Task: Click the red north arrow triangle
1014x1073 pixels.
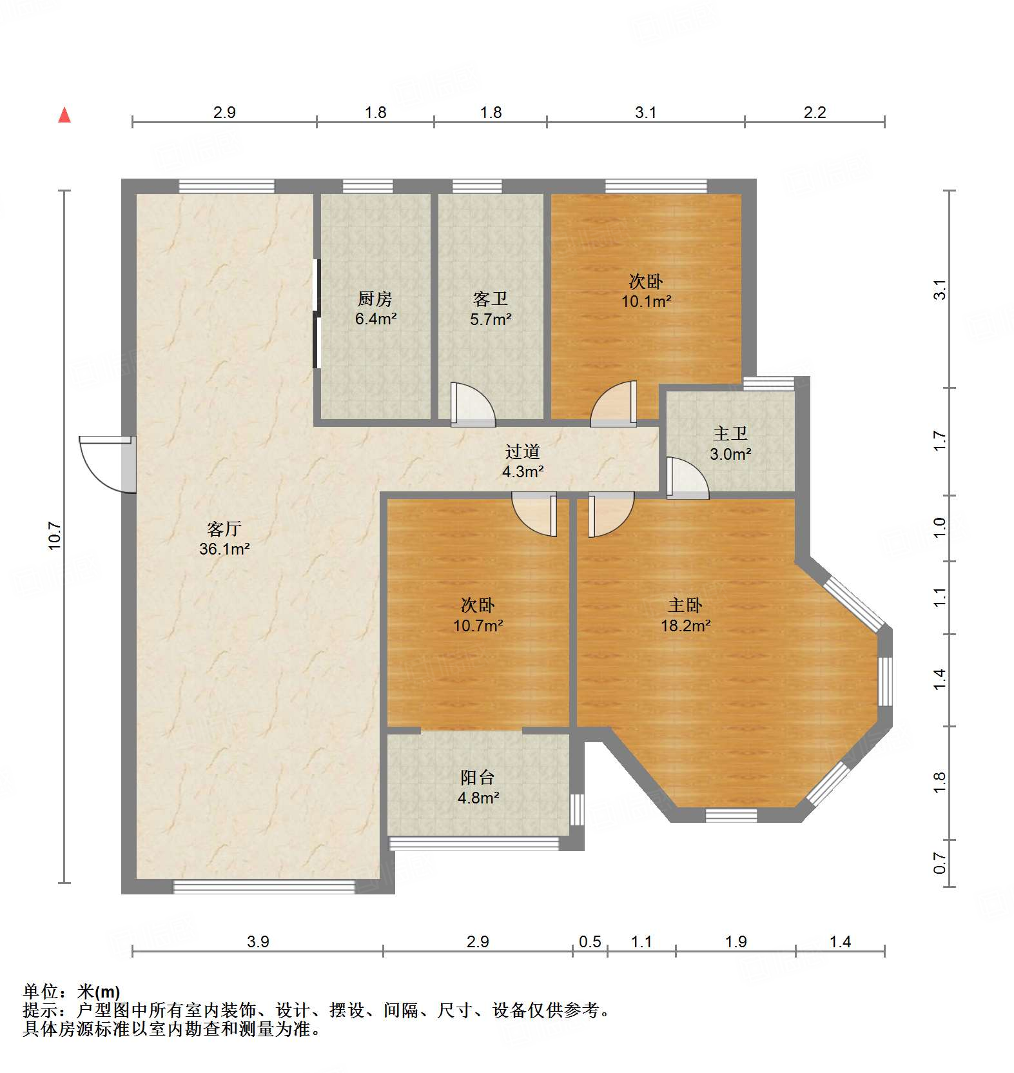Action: tap(64, 115)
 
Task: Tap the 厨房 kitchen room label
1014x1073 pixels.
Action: tap(375, 299)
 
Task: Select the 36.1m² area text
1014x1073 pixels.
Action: tap(224, 549)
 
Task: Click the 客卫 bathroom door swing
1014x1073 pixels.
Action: tap(473, 404)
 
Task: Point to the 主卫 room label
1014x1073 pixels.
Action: tap(730, 433)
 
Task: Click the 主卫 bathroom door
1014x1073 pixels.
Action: tap(687, 478)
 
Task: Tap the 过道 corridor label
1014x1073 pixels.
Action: tap(523, 451)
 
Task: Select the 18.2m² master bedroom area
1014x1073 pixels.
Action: tap(686, 625)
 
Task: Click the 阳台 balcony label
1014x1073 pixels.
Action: tap(478, 777)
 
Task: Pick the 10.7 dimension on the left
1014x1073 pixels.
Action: tap(55, 536)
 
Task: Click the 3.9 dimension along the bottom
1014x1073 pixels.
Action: tap(258, 941)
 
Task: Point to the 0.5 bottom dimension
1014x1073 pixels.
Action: tap(590, 941)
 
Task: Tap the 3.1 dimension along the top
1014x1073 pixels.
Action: tap(645, 112)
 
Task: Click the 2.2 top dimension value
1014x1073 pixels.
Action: tap(815, 112)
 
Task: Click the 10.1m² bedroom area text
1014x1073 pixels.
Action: tap(647, 300)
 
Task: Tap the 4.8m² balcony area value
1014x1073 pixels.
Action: tap(478, 798)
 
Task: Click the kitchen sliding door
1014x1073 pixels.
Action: tap(317, 313)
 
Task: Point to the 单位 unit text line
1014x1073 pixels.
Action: tap(72, 991)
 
